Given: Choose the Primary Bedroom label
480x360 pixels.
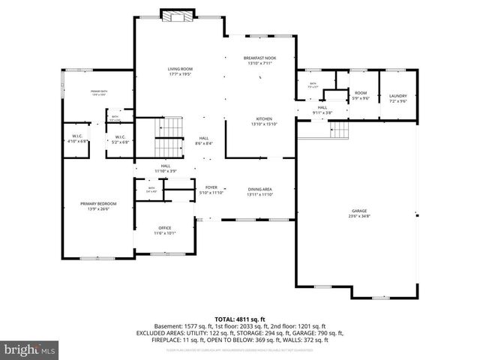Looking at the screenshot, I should pyautogui.click(x=98, y=204).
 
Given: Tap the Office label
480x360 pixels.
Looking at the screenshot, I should pyautogui.click(x=164, y=228).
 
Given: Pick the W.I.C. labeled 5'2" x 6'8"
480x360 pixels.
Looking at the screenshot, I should pyautogui.click(x=118, y=137).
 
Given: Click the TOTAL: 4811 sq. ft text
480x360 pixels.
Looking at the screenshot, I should pyautogui.click(x=239, y=319).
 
